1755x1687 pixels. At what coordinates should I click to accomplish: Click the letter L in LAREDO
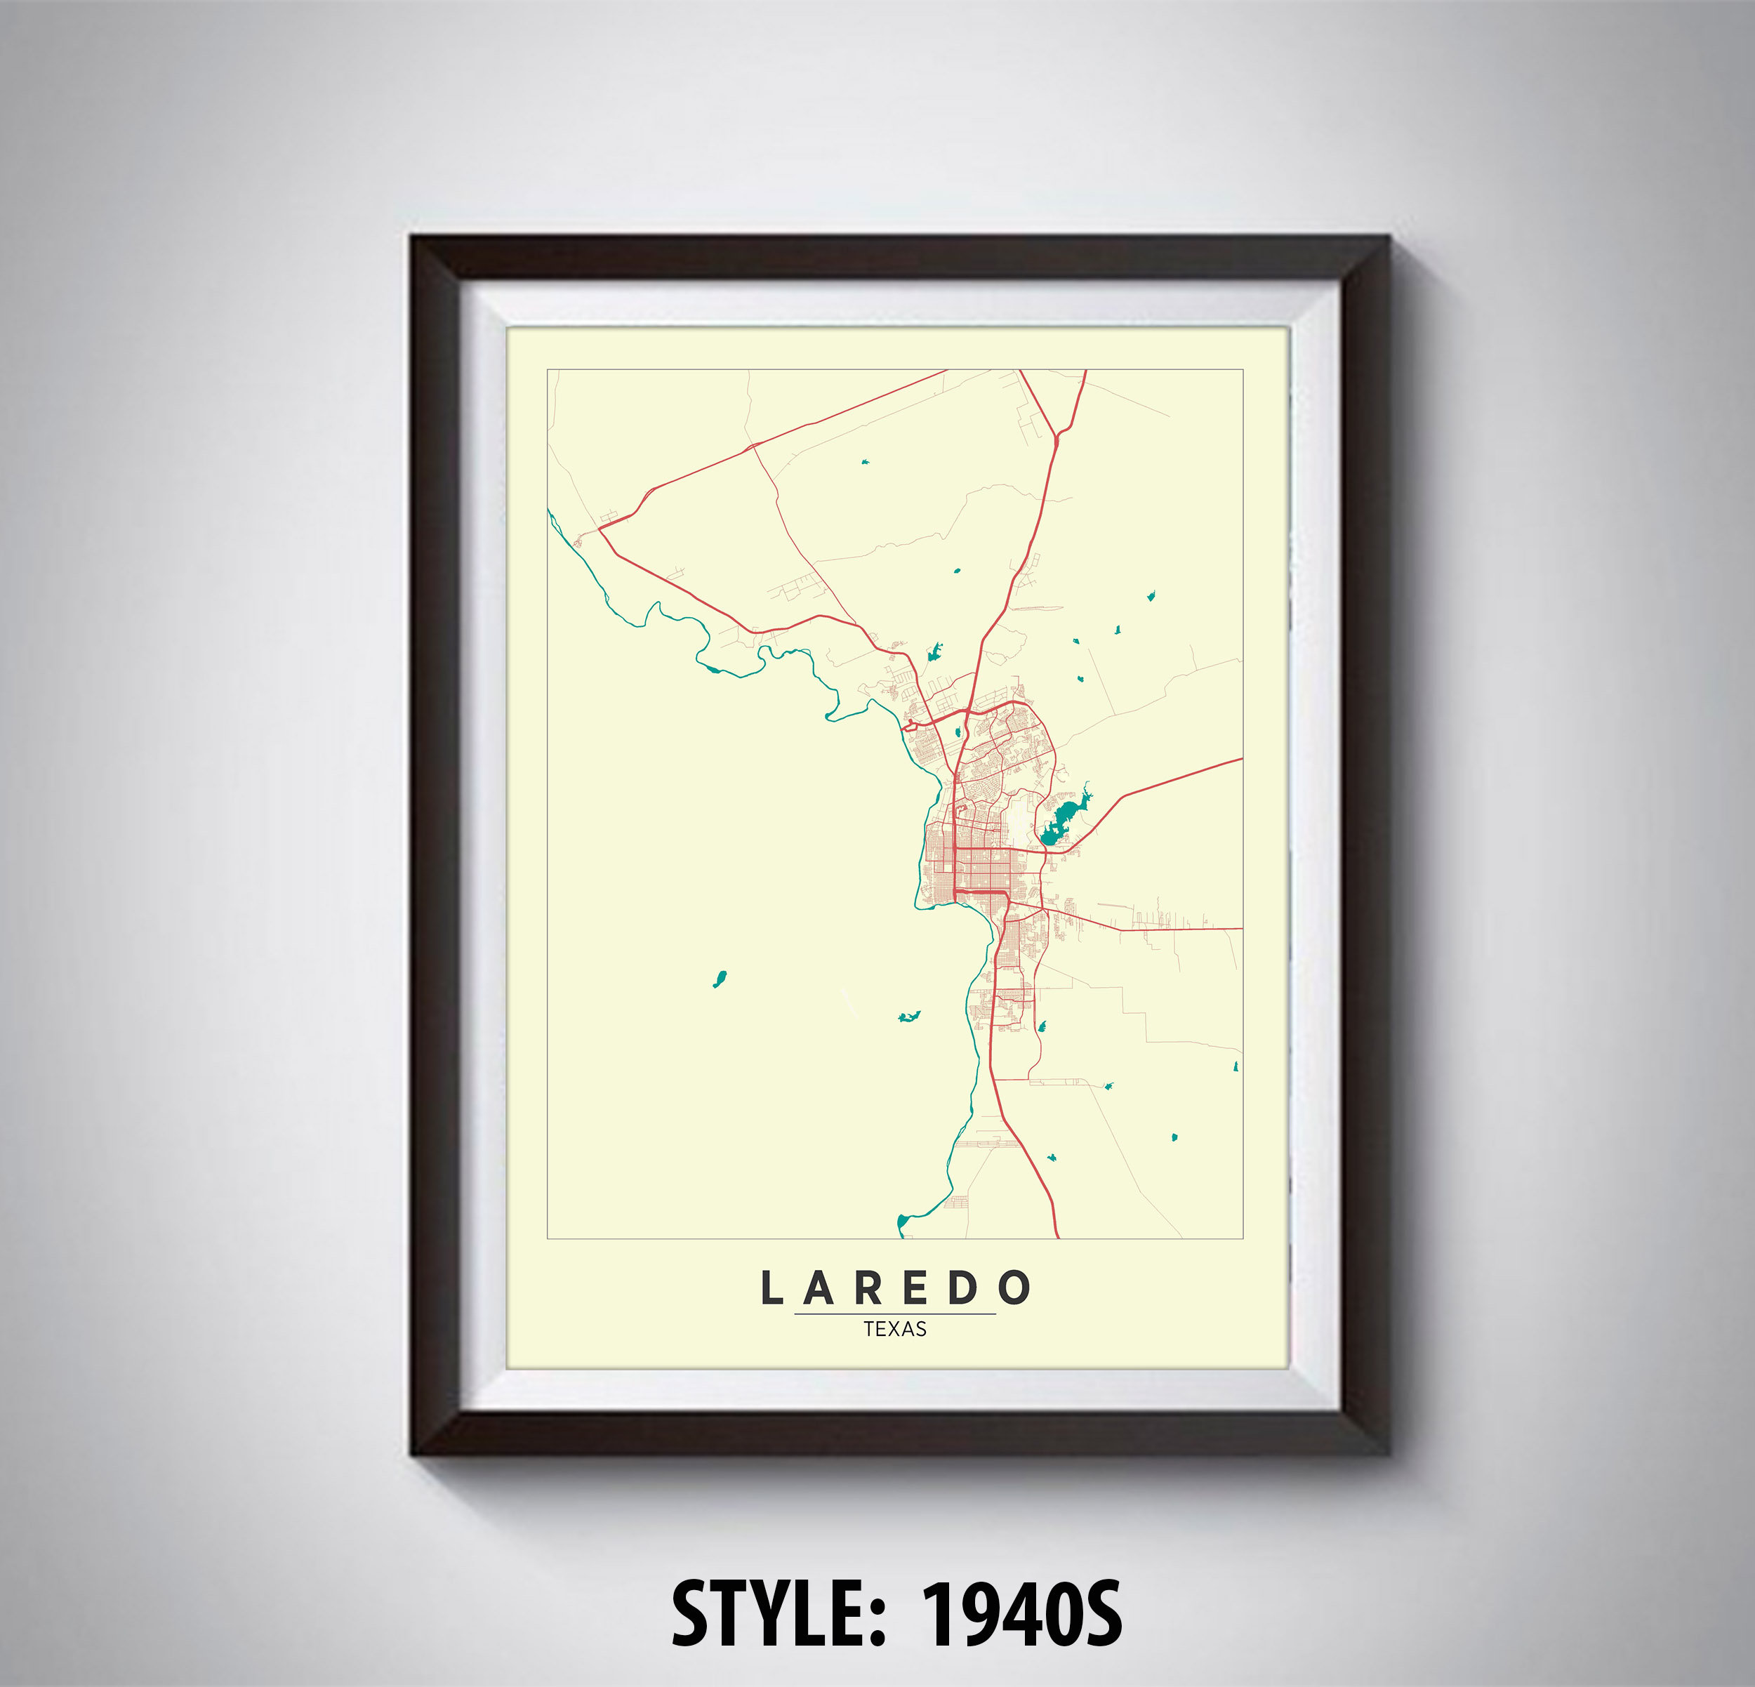(x=771, y=1288)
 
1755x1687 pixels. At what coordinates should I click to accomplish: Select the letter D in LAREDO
(x=965, y=1288)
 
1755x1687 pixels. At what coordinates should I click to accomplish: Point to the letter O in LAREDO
(x=1015, y=1288)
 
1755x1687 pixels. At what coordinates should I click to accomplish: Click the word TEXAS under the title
(x=894, y=1329)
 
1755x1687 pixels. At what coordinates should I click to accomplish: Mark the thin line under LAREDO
(x=894, y=1314)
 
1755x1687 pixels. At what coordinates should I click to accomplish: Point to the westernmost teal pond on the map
(x=719, y=979)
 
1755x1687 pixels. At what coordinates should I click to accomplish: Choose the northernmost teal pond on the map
(x=865, y=462)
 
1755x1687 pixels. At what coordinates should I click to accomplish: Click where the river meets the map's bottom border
(x=900, y=1236)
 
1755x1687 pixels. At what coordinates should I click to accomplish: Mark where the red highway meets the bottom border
(x=1057, y=1236)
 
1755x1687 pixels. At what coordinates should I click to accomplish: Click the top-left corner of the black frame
(x=413, y=238)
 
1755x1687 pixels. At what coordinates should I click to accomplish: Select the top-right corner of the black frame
(x=1387, y=238)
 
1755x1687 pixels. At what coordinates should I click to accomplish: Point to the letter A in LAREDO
(x=820, y=1288)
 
